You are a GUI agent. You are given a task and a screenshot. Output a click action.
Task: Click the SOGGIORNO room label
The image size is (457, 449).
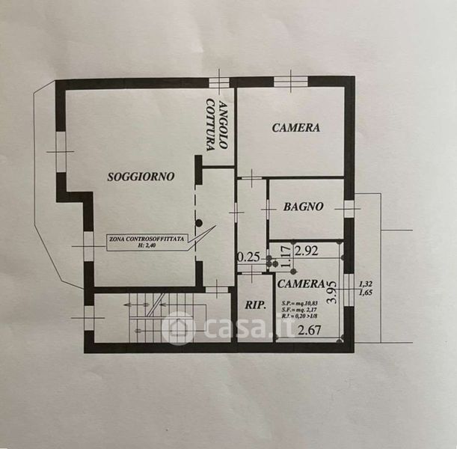pos(141,177)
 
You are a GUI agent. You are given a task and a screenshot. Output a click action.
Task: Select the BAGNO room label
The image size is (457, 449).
pos(303,207)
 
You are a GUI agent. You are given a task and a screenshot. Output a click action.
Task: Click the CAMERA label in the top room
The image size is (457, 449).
pos(295,128)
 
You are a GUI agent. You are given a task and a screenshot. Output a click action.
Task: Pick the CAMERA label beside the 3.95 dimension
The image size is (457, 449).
pos(301,284)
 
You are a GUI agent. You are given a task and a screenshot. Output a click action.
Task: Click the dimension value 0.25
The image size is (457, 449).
pos(248,257)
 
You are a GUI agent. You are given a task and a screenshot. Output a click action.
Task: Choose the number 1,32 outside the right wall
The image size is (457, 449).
pos(365,284)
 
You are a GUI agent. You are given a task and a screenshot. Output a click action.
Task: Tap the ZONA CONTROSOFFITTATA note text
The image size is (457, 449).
pos(147,239)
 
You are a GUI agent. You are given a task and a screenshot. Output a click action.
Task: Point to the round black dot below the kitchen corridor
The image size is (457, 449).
pos(199,222)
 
